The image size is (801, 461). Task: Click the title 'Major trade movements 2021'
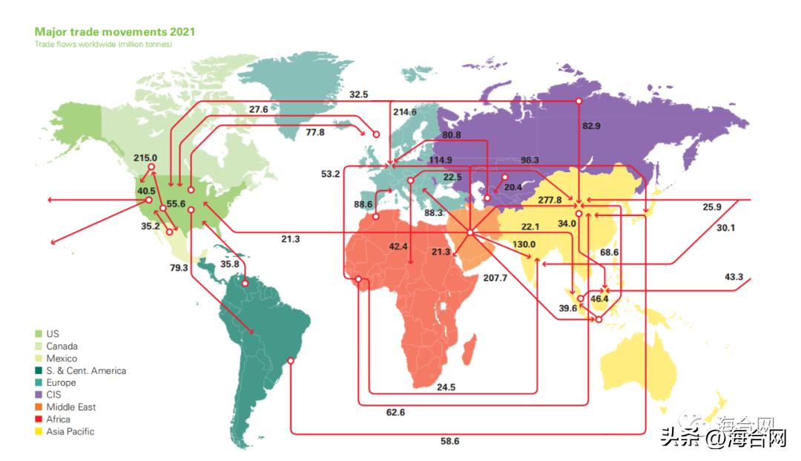(x=115, y=33)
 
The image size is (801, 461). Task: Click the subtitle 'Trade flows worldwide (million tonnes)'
(x=103, y=45)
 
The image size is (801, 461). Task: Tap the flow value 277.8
(x=550, y=200)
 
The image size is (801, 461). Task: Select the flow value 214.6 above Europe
(x=405, y=112)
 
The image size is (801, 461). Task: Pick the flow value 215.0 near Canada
(x=145, y=157)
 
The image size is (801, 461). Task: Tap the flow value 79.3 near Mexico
(x=179, y=267)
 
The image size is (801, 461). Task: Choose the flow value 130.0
(x=524, y=245)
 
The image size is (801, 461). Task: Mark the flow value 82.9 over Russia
(x=591, y=126)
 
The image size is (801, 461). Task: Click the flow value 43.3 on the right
(x=734, y=277)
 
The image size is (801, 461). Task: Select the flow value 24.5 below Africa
(x=446, y=387)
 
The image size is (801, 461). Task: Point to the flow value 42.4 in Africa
(x=398, y=246)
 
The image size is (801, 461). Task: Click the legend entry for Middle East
(x=70, y=407)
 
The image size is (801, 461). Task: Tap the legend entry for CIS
(x=54, y=395)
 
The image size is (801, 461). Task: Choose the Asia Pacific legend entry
(x=70, y=431)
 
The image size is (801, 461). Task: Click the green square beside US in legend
(x=39, y=334)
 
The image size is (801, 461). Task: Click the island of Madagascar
(x=467, y=350)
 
